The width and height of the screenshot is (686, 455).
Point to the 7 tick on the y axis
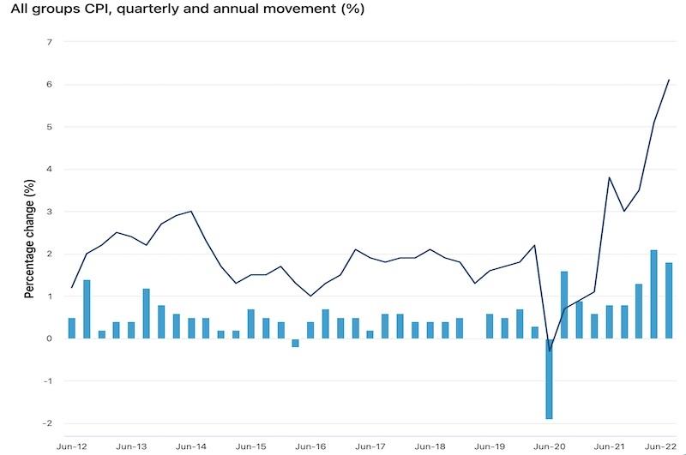(x=49, y=42)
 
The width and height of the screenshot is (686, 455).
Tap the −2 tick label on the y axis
(x=47, y=423)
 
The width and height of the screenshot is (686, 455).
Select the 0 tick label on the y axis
(x=49, y=338)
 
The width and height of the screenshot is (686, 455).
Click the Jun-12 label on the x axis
(x=71, y=446)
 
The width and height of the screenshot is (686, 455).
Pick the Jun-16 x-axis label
(x=310, y=446)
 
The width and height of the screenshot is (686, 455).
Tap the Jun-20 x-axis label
(x=549, y=446)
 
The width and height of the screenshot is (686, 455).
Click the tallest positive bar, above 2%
(x=653, y=294)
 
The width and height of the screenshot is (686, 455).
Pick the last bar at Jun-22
(x=668, y=300)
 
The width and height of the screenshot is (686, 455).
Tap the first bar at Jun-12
(x=72, y=328)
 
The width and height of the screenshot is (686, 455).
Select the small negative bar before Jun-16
(x=295, y=343)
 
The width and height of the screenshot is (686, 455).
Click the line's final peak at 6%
(x=669, y=80)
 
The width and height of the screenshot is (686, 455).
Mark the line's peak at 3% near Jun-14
(x=190, y=211)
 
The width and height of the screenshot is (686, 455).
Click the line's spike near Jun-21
(x=609, y=177)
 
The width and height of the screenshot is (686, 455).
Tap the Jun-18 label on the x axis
(x=430, y=446)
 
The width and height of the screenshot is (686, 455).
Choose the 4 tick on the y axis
(x=49, y=169)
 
